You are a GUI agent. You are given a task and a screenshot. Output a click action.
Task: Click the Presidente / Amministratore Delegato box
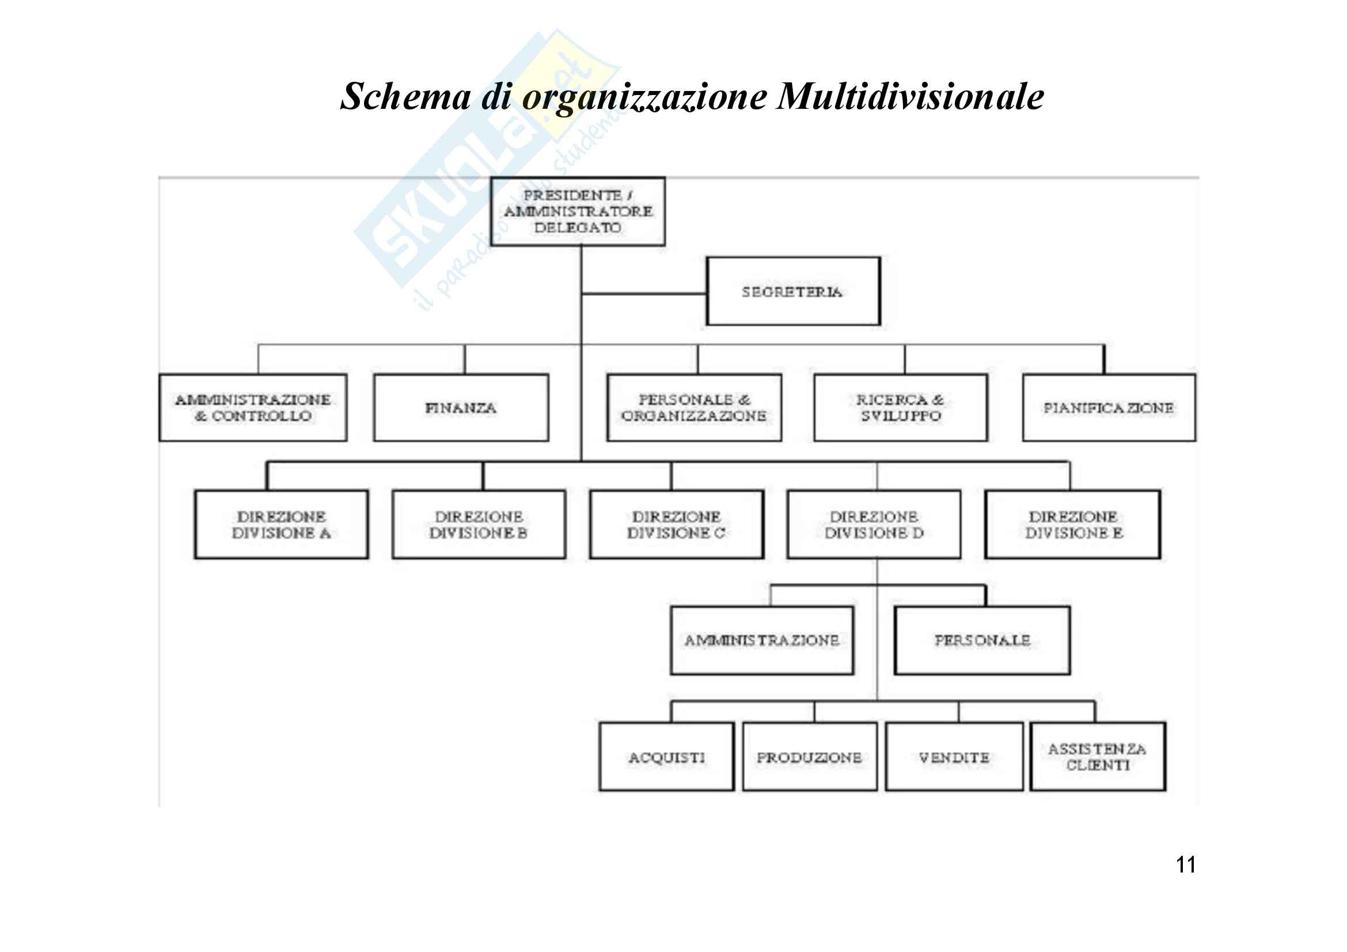(577, 211)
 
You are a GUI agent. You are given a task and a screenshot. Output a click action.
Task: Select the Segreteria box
(793, 291)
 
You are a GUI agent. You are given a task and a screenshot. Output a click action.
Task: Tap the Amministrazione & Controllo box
(253, 408)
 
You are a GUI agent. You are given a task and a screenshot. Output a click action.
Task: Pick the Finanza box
(461, 408)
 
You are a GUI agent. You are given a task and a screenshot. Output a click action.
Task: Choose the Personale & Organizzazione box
(694, 408)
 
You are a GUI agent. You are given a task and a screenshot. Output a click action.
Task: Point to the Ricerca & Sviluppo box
(901, 408)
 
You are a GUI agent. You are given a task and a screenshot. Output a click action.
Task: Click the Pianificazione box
(1108, 408)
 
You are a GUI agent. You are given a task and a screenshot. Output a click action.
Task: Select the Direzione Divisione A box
(282, 525)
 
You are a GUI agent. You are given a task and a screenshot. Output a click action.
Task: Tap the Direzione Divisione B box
(479, 525)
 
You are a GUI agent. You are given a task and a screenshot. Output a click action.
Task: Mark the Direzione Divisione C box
(677, 525)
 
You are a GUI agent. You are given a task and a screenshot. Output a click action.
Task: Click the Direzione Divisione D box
(874, 525)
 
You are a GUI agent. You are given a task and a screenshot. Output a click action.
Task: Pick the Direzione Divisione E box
(1072, 525)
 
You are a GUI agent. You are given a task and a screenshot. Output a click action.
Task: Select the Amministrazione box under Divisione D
(762, 640)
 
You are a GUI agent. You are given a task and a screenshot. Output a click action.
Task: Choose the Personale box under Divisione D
(982, 640)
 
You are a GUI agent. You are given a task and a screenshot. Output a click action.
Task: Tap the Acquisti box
(666, 757)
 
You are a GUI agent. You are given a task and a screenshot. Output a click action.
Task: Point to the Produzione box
(810, 757)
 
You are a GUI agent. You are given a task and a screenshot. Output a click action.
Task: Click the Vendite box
(954, 757)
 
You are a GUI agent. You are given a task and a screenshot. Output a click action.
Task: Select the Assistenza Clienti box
(1098, 757)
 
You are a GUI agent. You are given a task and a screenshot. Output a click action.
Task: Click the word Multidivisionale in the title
(910, 96)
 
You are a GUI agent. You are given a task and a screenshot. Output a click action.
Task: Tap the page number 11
(1186, 865)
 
